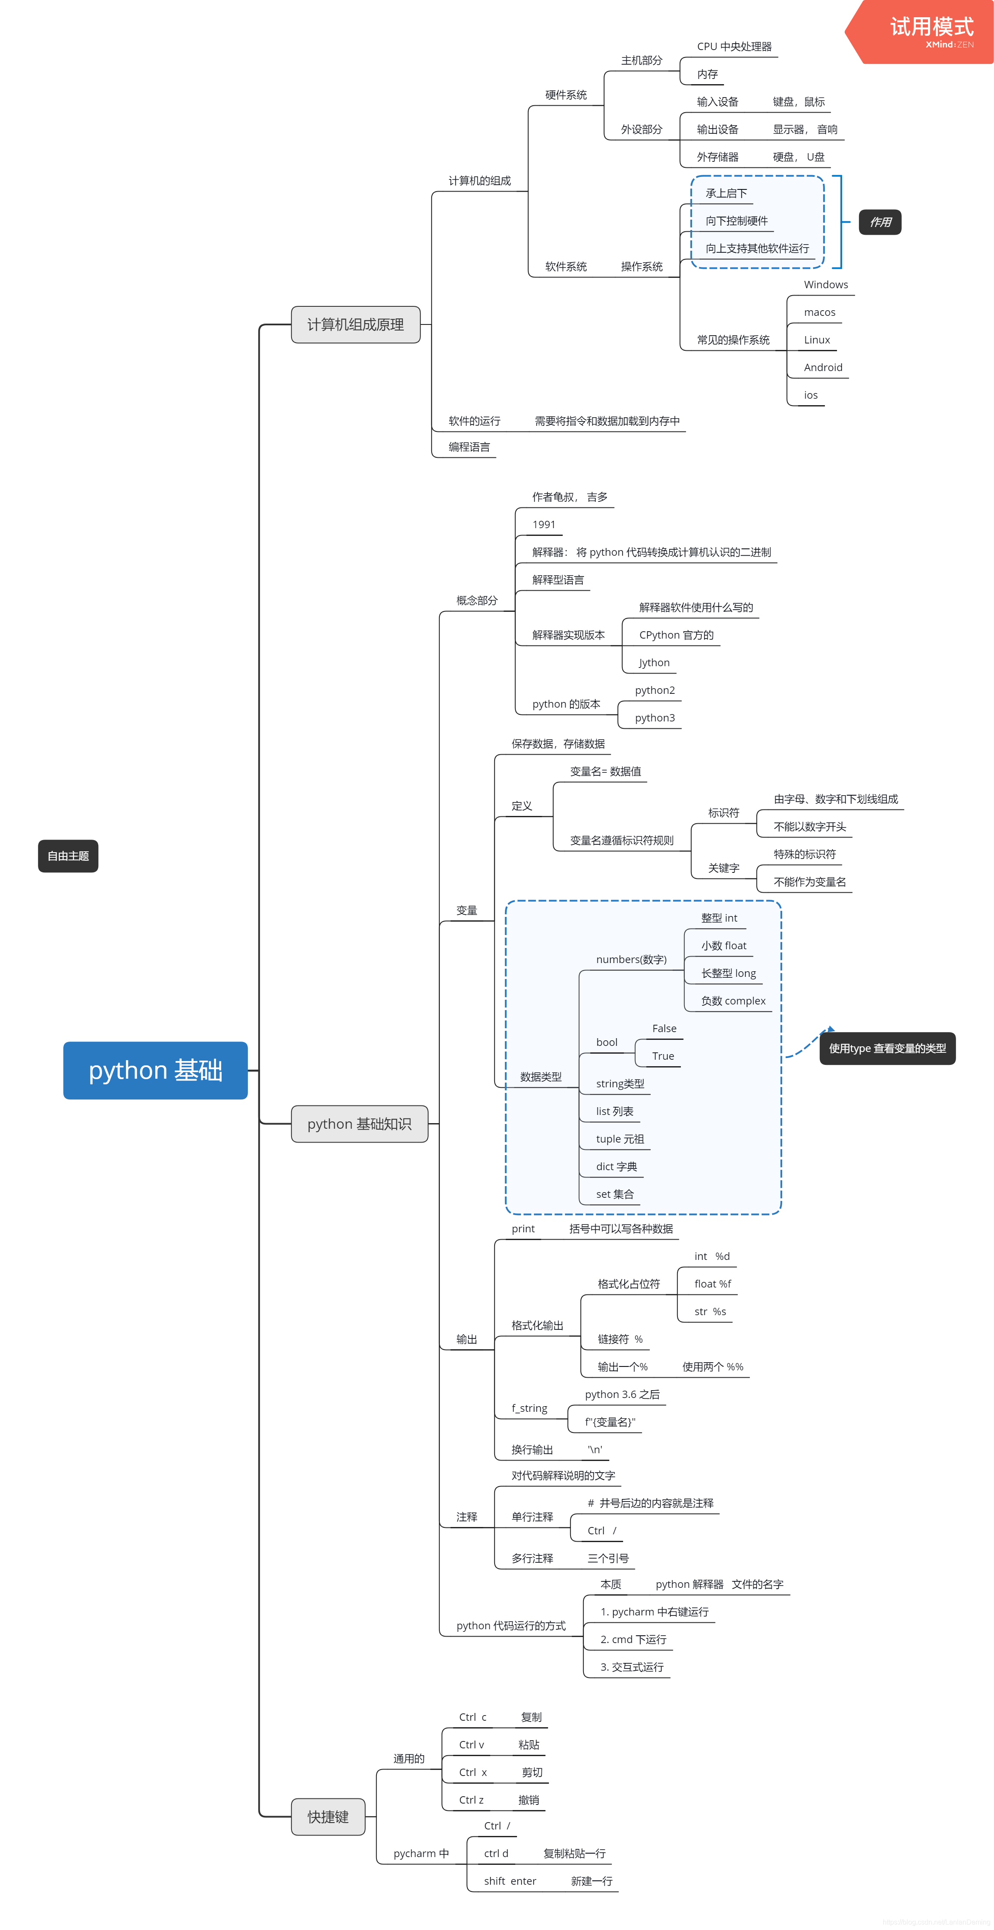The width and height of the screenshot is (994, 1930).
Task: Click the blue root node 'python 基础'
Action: coord(155,1070)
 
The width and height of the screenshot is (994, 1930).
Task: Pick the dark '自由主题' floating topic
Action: coord(68,856)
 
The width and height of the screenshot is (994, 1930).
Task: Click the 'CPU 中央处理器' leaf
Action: coord(734,47)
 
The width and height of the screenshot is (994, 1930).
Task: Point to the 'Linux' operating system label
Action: coord(816,340)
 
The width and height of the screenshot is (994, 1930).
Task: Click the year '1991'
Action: coord(544,524)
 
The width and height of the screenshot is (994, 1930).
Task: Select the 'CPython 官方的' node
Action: coord(676,635)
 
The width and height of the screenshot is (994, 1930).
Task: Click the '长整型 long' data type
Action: coord(728,973)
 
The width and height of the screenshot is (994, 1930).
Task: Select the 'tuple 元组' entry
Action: coord(619,1139)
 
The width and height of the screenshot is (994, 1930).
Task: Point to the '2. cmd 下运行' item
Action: coord(633,1639)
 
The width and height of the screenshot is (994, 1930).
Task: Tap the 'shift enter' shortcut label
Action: coord(509,1880)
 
